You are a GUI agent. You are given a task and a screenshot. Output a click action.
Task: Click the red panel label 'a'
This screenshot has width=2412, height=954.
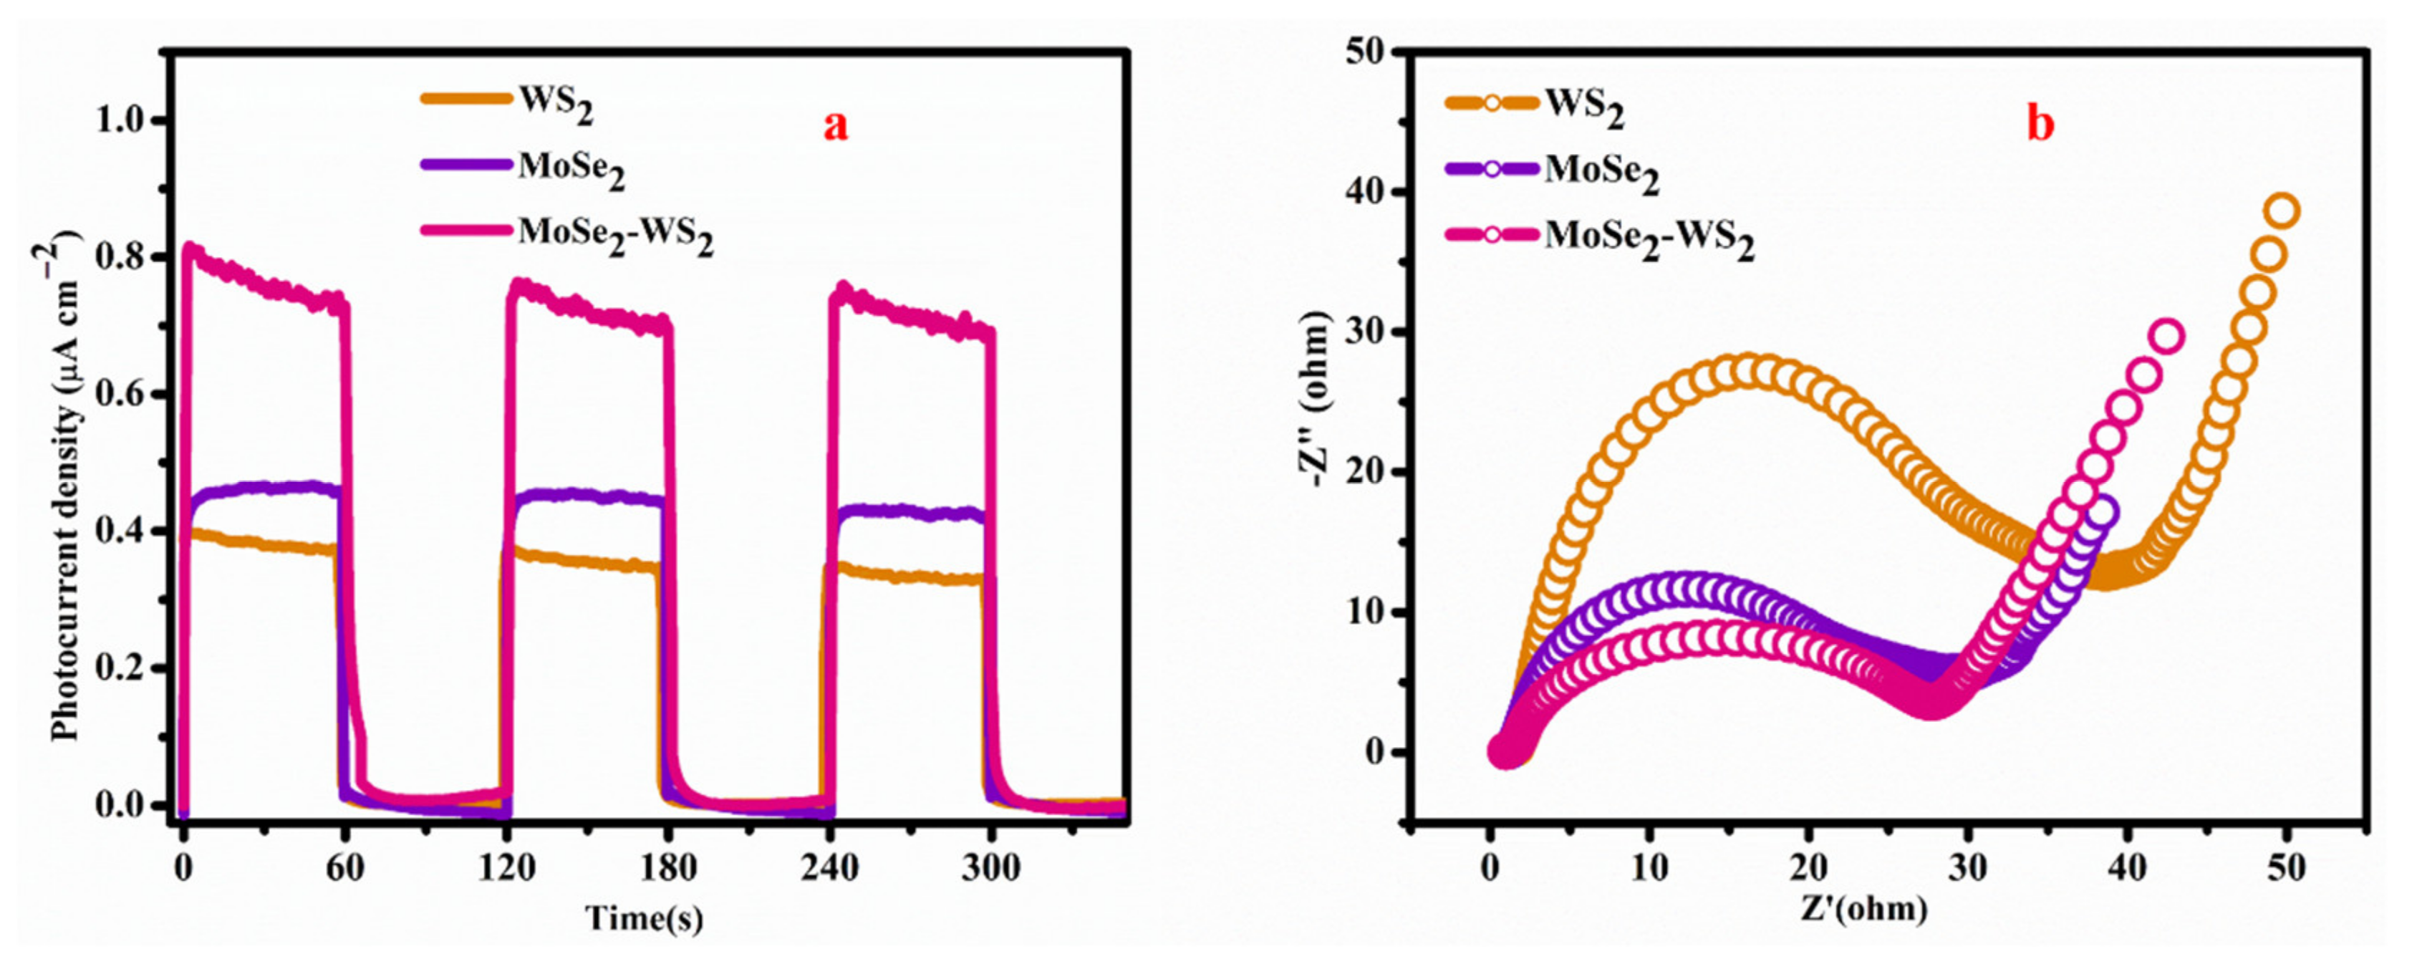[835, 125]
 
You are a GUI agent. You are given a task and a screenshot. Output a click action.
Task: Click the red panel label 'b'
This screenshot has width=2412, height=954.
[2040, 125]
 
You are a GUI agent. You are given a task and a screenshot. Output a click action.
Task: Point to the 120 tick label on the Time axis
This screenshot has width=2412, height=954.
[508, 868]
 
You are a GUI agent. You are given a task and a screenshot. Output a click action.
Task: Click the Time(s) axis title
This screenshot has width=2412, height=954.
[645, 918]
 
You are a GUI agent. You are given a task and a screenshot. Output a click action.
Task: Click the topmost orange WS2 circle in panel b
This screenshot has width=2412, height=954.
[2283, 211]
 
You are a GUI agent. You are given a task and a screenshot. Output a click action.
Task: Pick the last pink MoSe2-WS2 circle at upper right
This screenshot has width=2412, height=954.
[2169, 336]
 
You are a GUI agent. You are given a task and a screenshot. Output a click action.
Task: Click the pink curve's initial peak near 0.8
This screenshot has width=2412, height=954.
[191, 250]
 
